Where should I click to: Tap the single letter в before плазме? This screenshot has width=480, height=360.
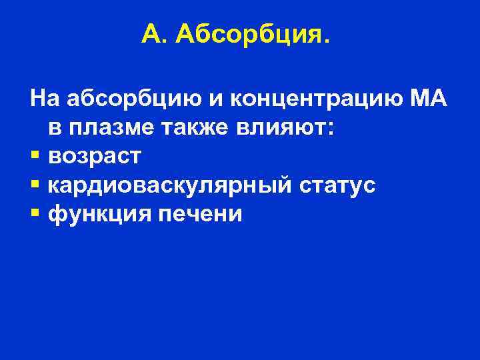pos(53,129)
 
